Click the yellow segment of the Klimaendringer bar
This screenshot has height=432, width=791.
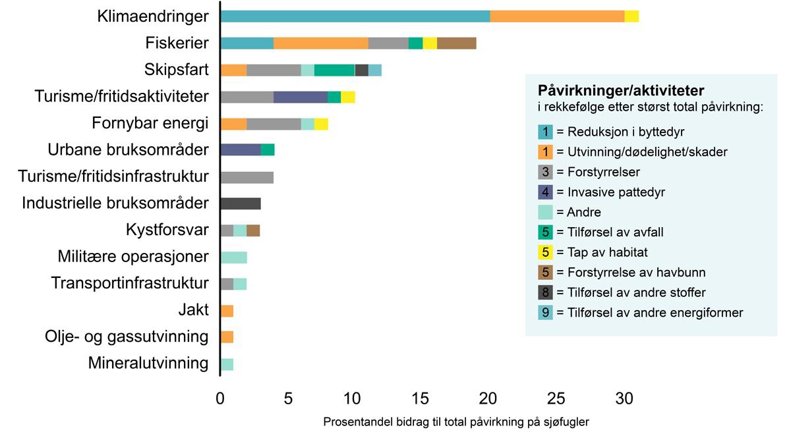631,16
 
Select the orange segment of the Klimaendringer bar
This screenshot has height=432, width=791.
557,16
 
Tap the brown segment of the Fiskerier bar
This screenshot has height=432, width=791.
456,43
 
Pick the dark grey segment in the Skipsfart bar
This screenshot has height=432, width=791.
361,70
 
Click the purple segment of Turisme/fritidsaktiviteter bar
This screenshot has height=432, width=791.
301,97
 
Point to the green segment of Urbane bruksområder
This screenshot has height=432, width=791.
268,149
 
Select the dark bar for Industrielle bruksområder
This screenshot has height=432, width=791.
241,203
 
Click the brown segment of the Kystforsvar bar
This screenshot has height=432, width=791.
253,230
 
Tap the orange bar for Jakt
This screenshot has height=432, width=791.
227,311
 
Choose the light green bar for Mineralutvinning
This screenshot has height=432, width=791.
227,364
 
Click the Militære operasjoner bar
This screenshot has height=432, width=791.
233,257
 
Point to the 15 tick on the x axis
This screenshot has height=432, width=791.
422,398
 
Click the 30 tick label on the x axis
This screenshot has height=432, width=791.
624,398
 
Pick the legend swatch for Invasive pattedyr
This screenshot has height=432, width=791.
546,192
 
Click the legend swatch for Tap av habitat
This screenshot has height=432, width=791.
546,252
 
